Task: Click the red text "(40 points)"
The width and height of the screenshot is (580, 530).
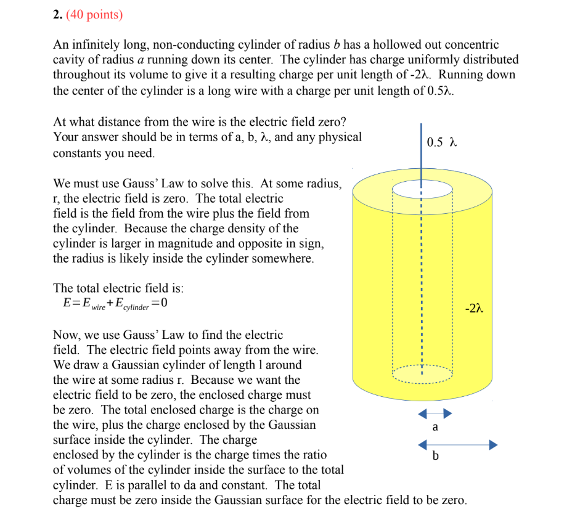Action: click(94, 15)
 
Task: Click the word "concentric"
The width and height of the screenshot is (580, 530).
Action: click(468, 45)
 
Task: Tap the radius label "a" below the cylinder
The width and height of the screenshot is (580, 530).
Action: click(435, 427)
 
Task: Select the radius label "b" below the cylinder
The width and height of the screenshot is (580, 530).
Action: click(436, 457)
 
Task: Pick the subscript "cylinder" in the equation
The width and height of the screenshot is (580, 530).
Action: click(136, 306)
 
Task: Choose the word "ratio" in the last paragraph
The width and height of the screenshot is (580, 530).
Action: click(313, 455)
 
